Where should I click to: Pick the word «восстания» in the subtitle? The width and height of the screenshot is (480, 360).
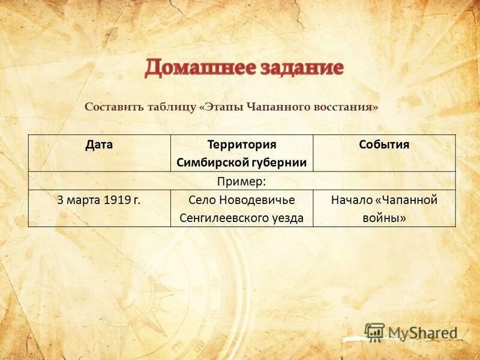click(344, 107)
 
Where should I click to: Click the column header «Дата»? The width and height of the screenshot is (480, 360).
click(99, 145)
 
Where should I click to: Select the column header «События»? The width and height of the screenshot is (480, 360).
click(384, 145)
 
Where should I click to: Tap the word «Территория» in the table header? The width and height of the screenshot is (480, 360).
click(241, 145)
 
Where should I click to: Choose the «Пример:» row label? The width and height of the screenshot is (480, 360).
click(242, 181)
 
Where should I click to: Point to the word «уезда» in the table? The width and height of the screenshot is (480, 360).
click(288, 218)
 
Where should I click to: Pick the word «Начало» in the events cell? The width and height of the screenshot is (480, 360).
click(350, 200)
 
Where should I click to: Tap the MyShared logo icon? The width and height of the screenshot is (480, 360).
click(374, 332)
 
